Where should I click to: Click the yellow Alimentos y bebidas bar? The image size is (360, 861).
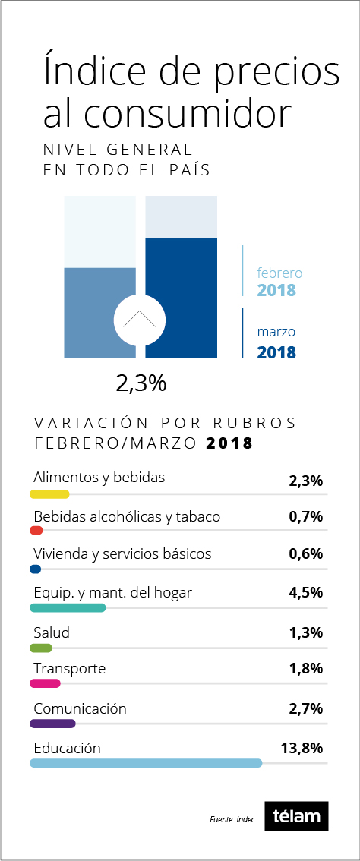[x=49, y=494]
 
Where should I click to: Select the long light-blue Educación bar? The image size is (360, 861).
[x=146, y=763]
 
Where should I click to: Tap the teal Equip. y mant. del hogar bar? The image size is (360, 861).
[x=68, y=608]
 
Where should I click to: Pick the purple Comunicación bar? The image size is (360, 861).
[x=52, y=724]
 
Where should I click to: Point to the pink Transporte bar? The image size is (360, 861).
[x=45, y=683]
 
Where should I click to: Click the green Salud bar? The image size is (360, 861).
[x=41, y=648]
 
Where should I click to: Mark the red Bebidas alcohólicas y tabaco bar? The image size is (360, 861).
[x=36, y=531]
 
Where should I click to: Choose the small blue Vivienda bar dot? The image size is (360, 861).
[x=35, y=569]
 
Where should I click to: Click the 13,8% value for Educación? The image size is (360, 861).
[x=298, y=748]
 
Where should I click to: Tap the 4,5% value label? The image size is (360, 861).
[x=305, y=593]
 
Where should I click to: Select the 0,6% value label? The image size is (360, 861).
[x=305, y=554]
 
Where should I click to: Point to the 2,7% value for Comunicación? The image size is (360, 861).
[x=305, y=709]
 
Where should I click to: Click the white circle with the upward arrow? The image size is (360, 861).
[x=140, y=320]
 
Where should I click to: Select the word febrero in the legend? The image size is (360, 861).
[x=279, y=273]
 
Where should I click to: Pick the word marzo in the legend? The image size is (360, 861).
[x=276, y=333]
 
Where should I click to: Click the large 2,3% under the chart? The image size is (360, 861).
[x=141, y=384]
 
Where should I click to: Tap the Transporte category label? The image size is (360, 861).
[x=69, y=670]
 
